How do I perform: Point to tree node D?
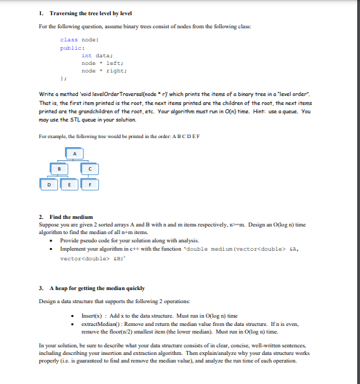(x=49, y=185)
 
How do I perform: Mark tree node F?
(x=89, y=185)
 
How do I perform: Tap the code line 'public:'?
(x=71, y=48)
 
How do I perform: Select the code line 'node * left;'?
(x=101, y=63)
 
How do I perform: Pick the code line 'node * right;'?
(x=102, y=70)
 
